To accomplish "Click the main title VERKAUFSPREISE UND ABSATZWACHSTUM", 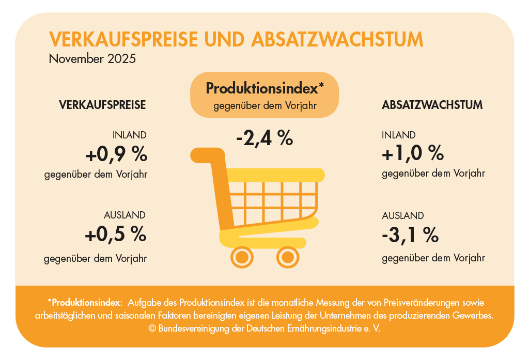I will (x=236, y=40).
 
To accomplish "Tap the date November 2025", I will (x=92, y=58).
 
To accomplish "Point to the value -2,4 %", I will (x=264, y=138).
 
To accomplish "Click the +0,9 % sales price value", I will (x=116, y=154).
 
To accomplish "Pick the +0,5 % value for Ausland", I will (x=116, y=234).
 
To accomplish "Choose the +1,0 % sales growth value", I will (x=413, y=153).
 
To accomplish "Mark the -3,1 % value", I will (x=410, y=236).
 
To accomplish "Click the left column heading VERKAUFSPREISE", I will (x=103, y=105).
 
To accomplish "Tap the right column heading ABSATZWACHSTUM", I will (x=432, y=105).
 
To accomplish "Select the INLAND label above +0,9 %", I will (x=129, y=135).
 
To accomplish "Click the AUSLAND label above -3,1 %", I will (x=403, y=215).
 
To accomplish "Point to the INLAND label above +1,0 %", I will (x=399, y=135).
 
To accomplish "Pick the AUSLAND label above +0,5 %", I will (x=125, y=215).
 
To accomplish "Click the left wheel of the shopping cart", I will (x=241, y=256).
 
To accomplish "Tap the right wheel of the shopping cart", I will (x=288, y=256).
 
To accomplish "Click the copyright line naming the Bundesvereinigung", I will (x=264, y=328).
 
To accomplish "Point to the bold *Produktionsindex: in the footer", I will (x=85, y=302).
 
